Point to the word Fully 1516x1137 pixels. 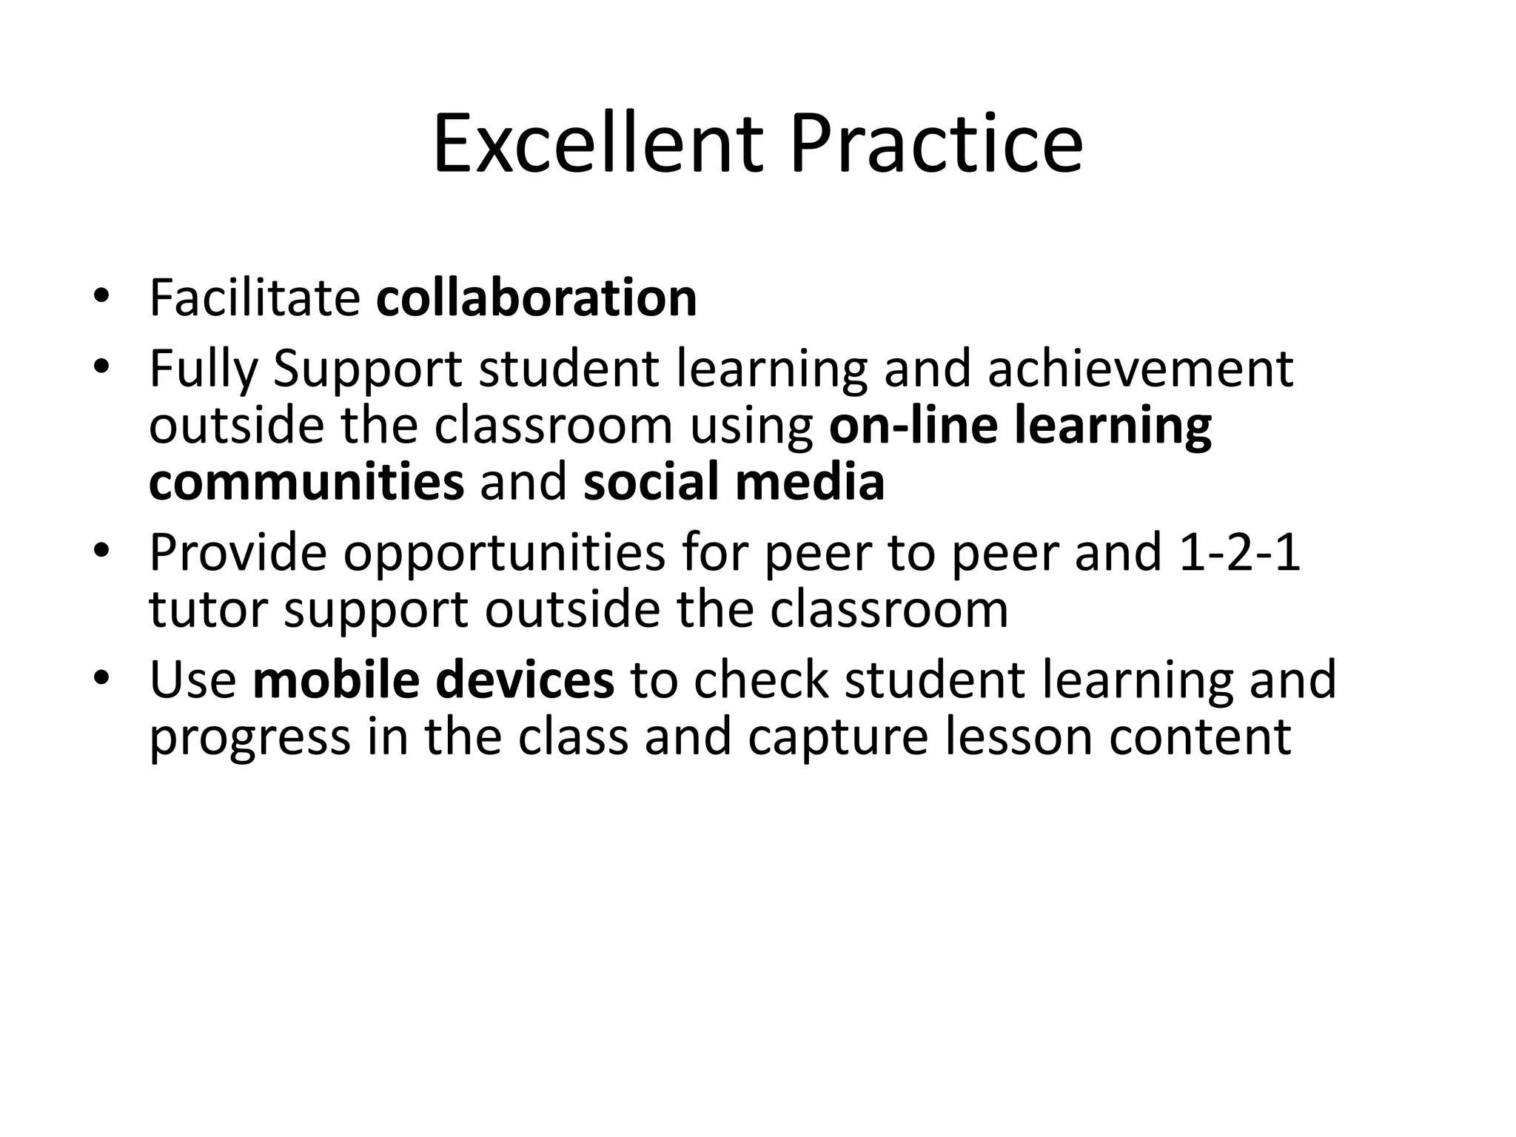click(203, 369)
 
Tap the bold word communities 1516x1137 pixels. click(306, 482)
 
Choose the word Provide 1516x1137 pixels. click(238, 552)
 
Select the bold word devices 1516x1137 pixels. click(525, 680)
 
